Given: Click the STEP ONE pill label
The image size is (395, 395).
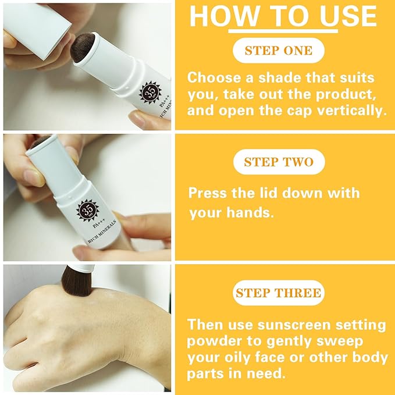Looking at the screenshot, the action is pos(279,51).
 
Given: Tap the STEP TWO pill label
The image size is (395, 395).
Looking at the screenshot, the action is pos(279,162).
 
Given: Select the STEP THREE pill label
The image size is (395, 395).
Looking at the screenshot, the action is pos(279,293).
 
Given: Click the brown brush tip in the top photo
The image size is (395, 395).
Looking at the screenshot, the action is pos(83,48).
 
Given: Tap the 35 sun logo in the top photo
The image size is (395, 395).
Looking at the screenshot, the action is pos(151,92).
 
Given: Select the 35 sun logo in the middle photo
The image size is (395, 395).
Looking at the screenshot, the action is pos(88,210).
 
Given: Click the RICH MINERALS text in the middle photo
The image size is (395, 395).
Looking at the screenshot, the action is pos(102,232).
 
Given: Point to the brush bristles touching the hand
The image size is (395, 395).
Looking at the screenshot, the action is pos(77,281).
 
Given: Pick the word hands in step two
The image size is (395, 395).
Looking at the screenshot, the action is pos(250,212).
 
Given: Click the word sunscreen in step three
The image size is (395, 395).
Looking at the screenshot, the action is pos(294,325).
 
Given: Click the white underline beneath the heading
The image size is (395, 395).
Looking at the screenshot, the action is pos(283,31).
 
